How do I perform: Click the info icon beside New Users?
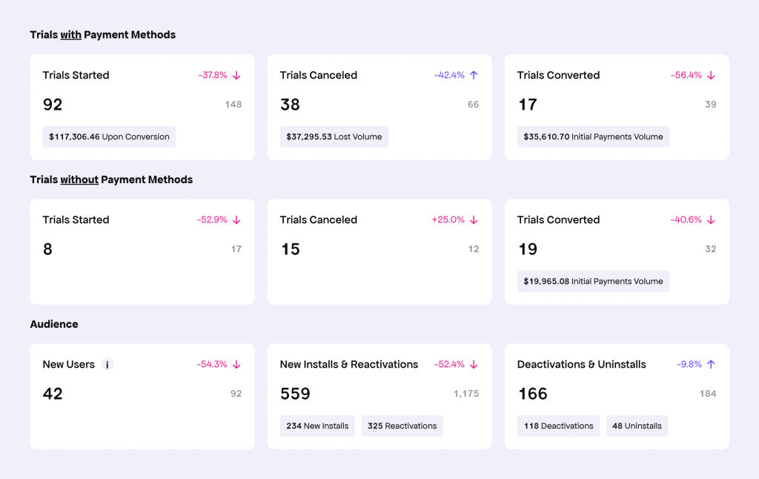(x=107, y=365)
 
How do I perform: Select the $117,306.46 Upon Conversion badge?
(x=109, y=136)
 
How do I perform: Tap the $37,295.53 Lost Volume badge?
(x=334, y=136)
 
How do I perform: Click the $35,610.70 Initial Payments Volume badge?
(x=593, y=136)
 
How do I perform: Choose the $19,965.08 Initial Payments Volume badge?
(x=593, y=281)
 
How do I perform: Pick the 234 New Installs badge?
(x=317, y=426)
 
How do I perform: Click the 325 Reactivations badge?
(x=402, y=426)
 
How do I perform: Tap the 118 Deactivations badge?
(x=558, y=426)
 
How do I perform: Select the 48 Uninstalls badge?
(x=637, y=426)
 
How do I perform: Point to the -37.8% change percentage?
(x=212, y=76)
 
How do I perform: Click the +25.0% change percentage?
(x=448, y=220)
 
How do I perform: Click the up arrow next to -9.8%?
(x=711, y=365)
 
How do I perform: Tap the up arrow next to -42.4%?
(x=474, y=76)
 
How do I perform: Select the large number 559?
(x=295, y=394)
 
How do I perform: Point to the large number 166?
(x=532, y=394)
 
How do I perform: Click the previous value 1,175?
(x=466, y=394)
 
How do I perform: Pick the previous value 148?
(x=233, y=105)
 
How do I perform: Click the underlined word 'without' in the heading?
(x=79, y=179)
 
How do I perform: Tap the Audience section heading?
(x=54, y=324)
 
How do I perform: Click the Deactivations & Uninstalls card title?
(x=581, y=365)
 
